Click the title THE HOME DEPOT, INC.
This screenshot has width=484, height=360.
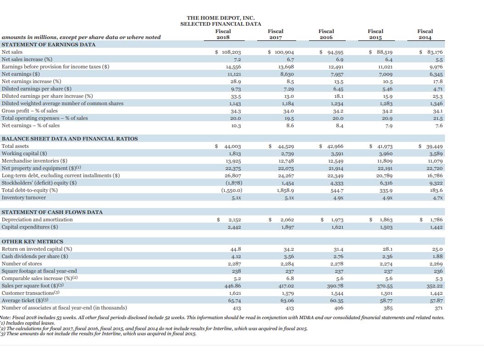tap(220, 17)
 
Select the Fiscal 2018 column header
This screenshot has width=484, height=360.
tap(223, 34)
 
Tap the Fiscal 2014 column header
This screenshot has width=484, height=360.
tap(425, 34)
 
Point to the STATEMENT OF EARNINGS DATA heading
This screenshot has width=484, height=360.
tap(49, 45)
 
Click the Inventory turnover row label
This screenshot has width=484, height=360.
tap(24, 197)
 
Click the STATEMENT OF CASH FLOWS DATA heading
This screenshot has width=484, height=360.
tap(52, 212)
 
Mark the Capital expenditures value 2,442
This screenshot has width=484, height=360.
tap(234, 227)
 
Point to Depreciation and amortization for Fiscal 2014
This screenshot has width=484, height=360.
tap(433, 220)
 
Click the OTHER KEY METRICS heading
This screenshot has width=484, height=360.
tap(33, 242)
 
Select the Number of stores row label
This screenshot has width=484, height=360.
tap(22, 264)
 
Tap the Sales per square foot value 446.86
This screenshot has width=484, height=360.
tap(232, 285)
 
